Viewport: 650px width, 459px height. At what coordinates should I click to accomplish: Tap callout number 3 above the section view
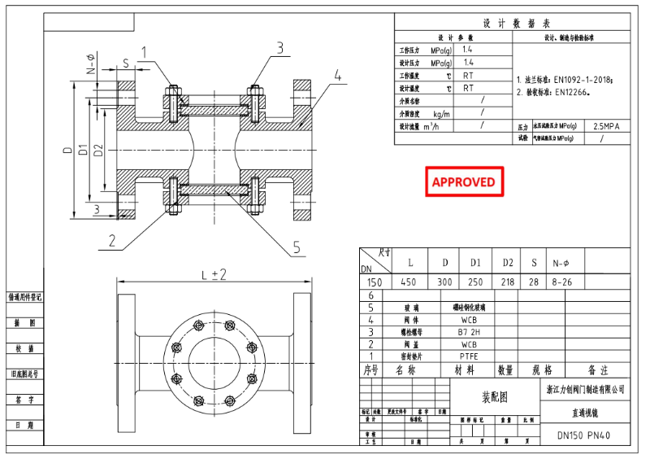tap(279, 48)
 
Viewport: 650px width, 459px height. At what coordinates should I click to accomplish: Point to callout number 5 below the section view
tap(297, 247)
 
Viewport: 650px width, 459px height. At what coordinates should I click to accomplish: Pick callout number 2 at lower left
tap(112, 240)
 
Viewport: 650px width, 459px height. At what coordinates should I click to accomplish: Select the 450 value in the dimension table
tap(411, 282)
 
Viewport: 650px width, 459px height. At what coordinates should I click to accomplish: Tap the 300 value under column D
tap(445, 282)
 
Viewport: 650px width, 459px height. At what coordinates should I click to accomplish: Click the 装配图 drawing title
tap(496, 398)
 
